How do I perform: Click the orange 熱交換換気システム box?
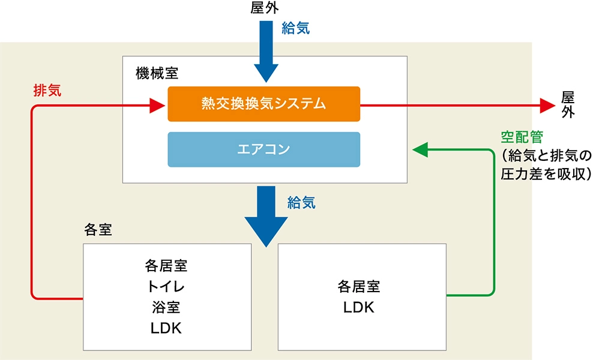click(263, 104)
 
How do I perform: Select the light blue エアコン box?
click(263, 149)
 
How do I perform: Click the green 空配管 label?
click(522, 137)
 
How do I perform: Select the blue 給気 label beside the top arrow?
click(295, 28)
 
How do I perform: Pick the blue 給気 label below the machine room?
click(301, 202)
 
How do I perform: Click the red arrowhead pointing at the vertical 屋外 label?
click(548, 105)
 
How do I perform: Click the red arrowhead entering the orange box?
click(158, 107)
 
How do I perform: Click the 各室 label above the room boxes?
click(98, 230)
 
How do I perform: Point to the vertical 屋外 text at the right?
click(568, 104)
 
